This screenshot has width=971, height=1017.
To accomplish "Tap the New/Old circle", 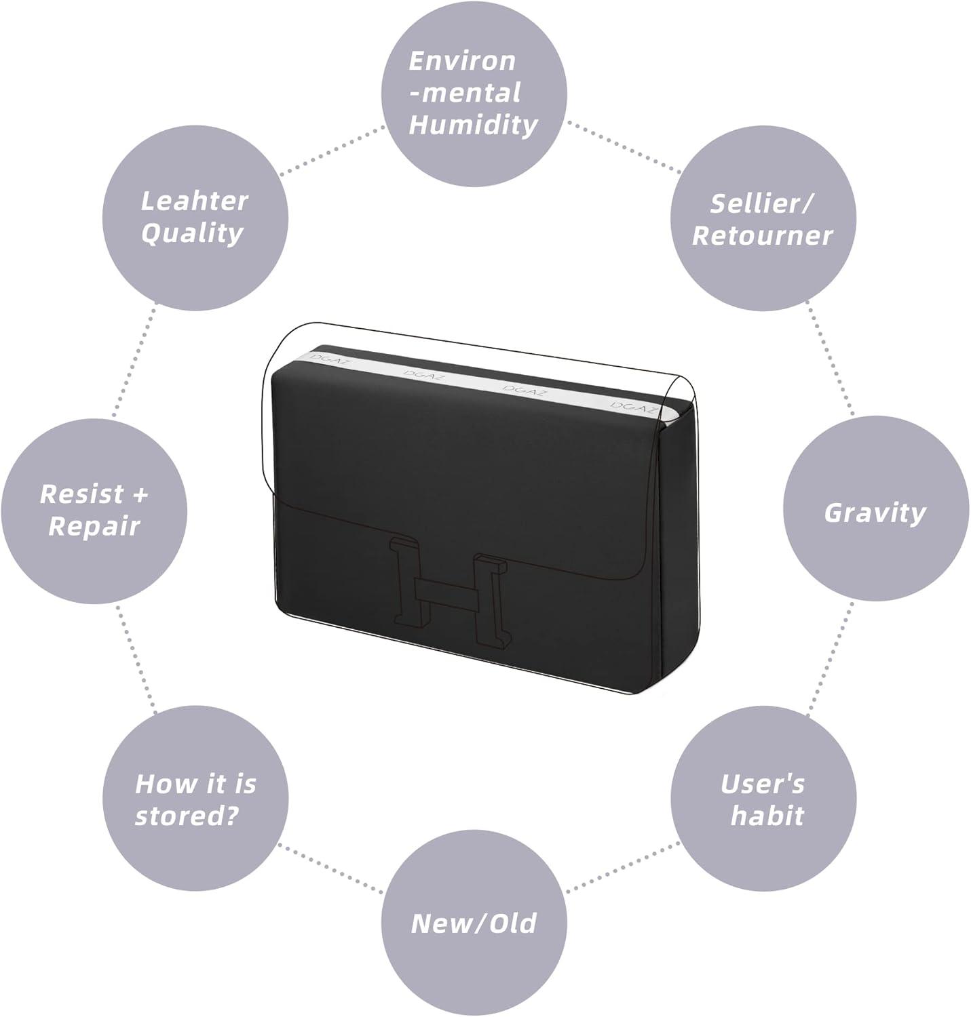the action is (x=474, y=923).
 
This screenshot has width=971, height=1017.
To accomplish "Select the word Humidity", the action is (x=474, y=125).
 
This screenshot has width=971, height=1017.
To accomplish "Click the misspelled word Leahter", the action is (x=194, y=201).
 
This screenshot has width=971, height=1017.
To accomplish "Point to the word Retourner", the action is (x=762, y=236).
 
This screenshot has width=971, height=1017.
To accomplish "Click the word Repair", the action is (x=94, y=527).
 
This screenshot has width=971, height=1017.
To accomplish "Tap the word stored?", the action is (x=187, y=816).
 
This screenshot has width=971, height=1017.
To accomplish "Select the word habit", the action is (x=767, y=816).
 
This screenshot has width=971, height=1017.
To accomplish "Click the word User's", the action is (x=763, y=784).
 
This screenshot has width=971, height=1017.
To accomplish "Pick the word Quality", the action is (x=192, y=234).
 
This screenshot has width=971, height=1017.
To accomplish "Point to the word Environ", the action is (x=463, y=61).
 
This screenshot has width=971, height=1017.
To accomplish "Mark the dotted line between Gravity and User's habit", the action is (x=830, y=658).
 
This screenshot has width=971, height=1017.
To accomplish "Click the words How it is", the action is (x=195, y=784).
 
